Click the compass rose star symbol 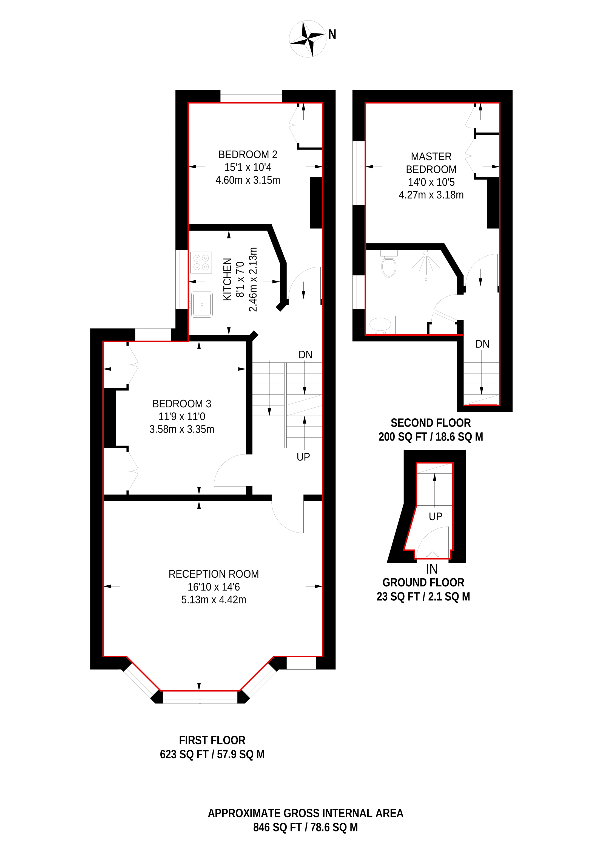[x=308, y=39]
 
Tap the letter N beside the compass [x=332, y=34]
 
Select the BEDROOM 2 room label [x=248, y=154]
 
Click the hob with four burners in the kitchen [x=201, y=262]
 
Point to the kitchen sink [x=202, y=304]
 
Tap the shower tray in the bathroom [x=425, y=267]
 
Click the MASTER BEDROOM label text [x=431, y=163]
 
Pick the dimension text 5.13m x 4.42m [x=214, y=600]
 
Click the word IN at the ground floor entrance [x=432, y=569]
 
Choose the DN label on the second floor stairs [x=482, y=344]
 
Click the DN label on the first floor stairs [x=305, y=355]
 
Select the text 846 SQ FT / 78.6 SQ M [x=305, y=827]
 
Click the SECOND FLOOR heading [x=431, y=423]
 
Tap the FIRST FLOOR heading [x=212, y=740]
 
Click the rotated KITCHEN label [x=227, y=280]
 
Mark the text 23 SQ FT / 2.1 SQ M [x=423, y=596]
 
